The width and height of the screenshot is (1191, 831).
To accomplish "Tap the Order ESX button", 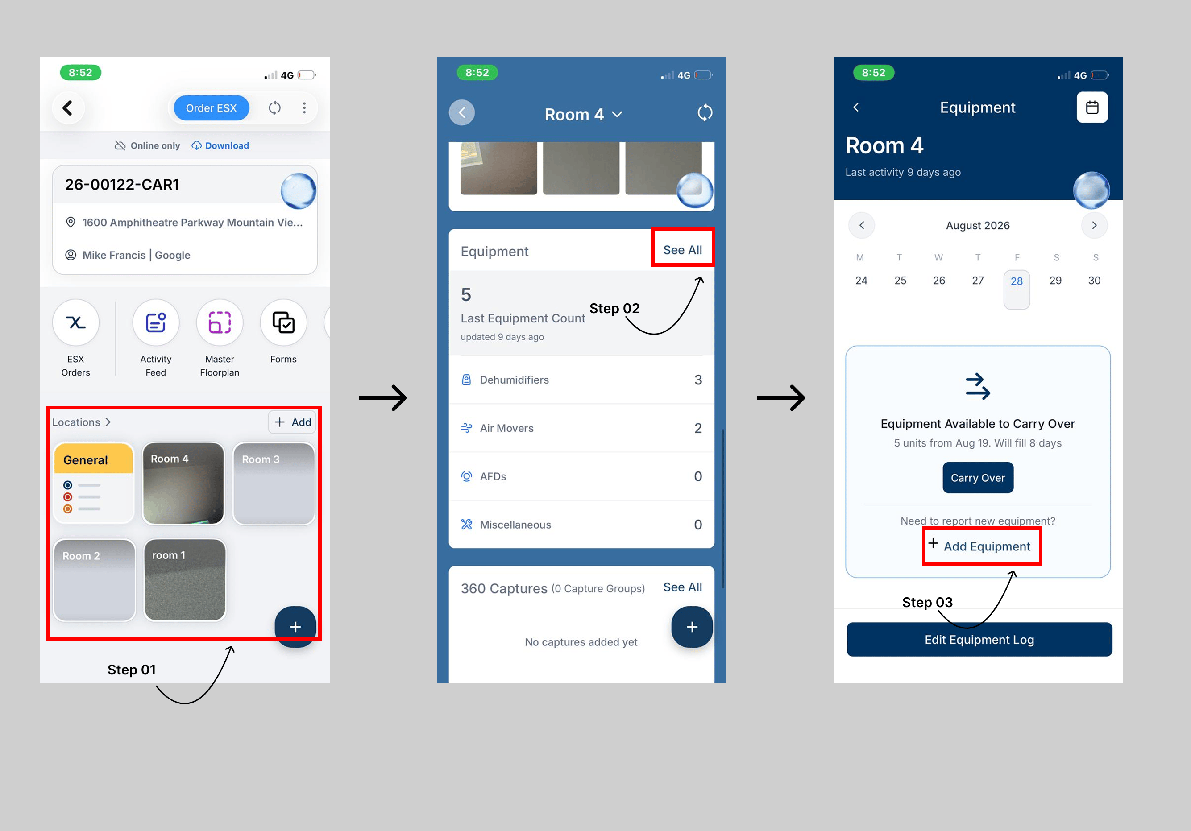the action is tap(211, 108).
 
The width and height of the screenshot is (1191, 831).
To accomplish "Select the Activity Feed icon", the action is tap(156, 322).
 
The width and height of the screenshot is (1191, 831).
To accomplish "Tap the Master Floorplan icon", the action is tap(220, 322).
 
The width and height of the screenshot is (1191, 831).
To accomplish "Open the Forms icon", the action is tap(283, 322).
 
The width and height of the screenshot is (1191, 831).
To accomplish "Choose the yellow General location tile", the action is tap(94, 483).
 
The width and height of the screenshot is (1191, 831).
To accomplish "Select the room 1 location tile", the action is tap(185, 579).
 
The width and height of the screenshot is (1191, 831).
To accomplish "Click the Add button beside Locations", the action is tap(293, 422).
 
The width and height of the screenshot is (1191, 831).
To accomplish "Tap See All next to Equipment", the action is tap(682, 250).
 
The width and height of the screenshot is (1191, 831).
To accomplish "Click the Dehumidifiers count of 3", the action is tap(698, 380).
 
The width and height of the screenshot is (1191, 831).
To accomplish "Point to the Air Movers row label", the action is tap(506, 428).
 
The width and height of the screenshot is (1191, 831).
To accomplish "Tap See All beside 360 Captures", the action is tap(682, 587).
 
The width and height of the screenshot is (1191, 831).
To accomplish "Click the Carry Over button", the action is tap(978, 477).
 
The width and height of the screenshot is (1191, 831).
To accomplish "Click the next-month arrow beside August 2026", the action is tap(1094, 226).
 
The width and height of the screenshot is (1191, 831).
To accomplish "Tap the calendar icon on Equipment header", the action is tap(1092, 107).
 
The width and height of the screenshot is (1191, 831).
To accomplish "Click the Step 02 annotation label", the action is tap(614, 309).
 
